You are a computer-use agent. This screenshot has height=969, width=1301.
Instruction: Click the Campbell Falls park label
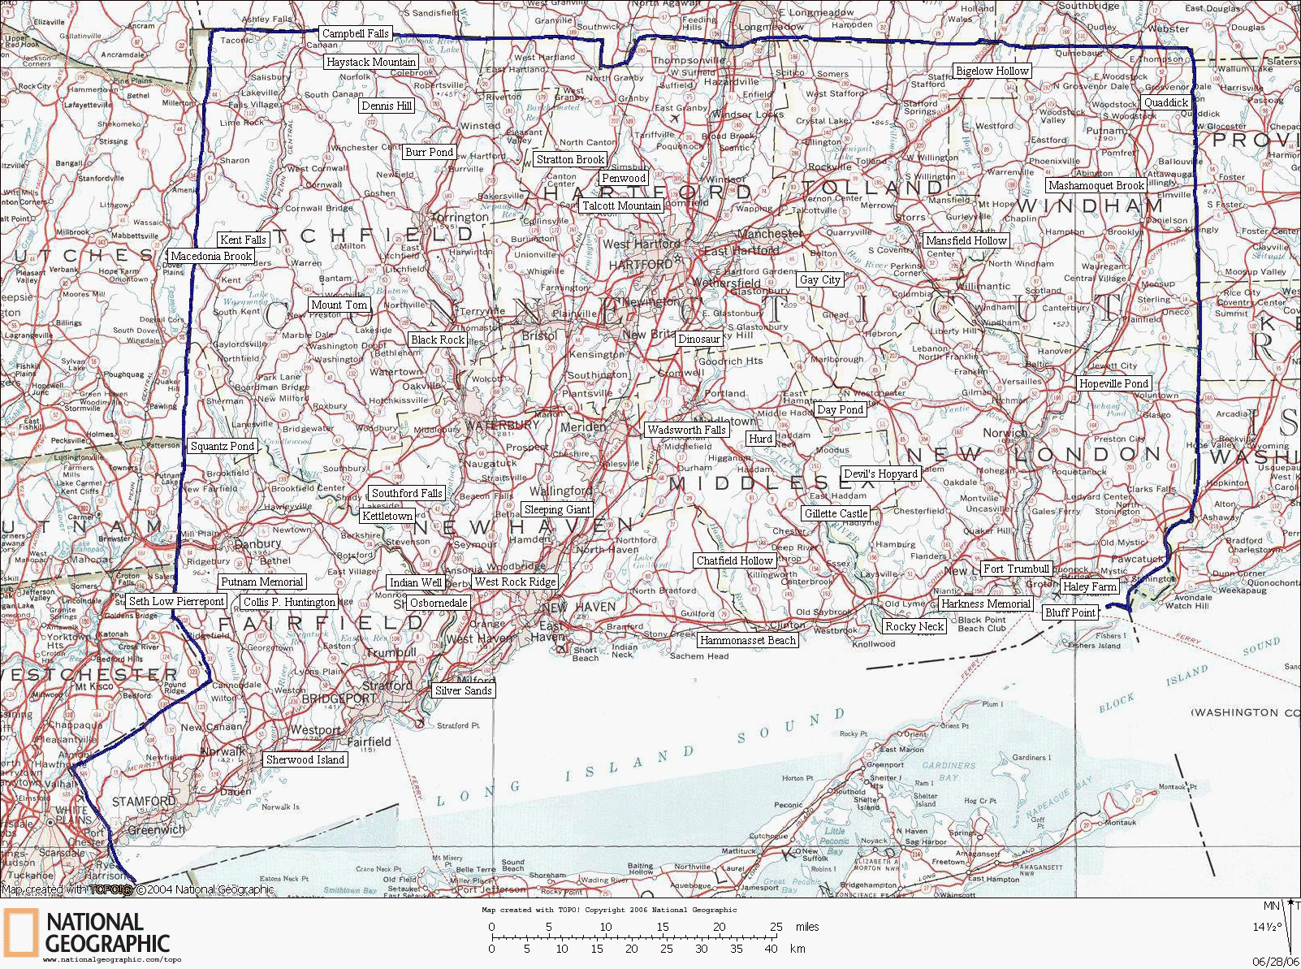(x=356, y=33)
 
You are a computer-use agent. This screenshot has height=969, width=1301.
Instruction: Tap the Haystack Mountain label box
(x=371, y=62)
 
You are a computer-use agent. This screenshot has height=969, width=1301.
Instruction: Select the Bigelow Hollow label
(x=992, y=71)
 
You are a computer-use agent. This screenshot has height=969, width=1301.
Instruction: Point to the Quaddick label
(x=1166, y=102)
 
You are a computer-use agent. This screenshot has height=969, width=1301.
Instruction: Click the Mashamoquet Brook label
(x=1096, y=185)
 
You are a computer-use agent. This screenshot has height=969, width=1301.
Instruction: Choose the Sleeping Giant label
(x=556, y=509)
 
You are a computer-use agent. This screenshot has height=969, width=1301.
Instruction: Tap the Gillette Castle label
(x=836, y=513)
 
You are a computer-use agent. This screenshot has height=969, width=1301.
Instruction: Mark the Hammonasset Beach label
(x=747, y=640)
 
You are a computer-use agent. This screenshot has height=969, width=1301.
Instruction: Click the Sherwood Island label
(x=305, y=759)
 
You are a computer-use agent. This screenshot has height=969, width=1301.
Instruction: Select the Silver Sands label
(x=463, y=690)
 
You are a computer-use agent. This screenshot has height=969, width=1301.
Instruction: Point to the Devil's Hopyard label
(x=880, y=474)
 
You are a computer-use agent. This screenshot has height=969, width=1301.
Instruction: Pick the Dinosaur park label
(x=699, y=339)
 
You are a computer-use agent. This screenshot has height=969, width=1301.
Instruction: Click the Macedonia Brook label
(x=211, y=256)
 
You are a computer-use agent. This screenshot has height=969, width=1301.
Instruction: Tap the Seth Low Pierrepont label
(x=176, y=601)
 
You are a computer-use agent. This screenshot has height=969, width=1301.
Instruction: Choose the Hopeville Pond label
(x=1113, y=383)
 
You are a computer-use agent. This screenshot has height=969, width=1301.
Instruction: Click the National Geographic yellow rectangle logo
(x=20, y=932)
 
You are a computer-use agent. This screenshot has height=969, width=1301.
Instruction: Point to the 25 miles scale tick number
(x=777, y=927)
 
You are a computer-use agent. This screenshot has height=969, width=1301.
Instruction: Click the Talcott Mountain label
(x=621, y=205)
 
